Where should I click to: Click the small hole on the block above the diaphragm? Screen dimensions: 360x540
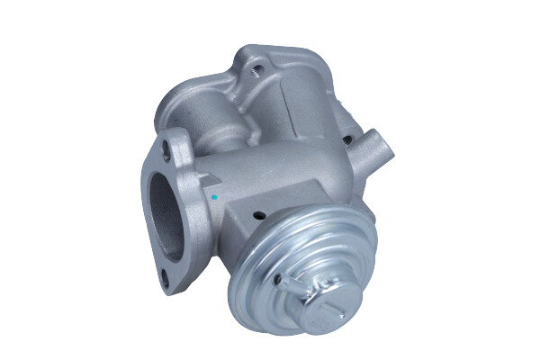pyautogui.click(x=260, y=215)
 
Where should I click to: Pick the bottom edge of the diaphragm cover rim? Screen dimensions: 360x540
pyautogui.click(x=297, y=330)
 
